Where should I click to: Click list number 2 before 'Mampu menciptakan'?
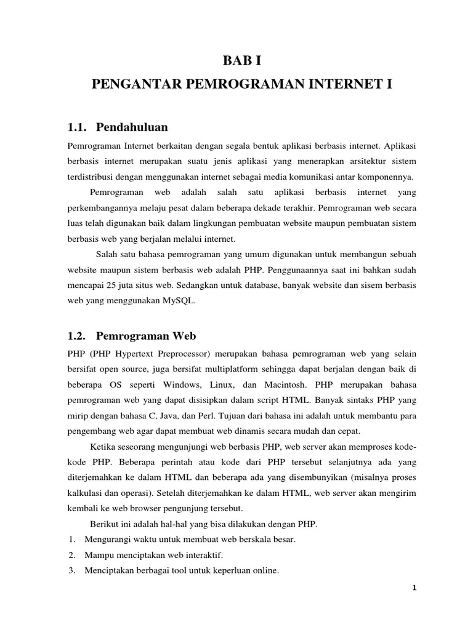(71, 555)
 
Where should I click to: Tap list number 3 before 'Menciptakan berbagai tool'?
(71, 570)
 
